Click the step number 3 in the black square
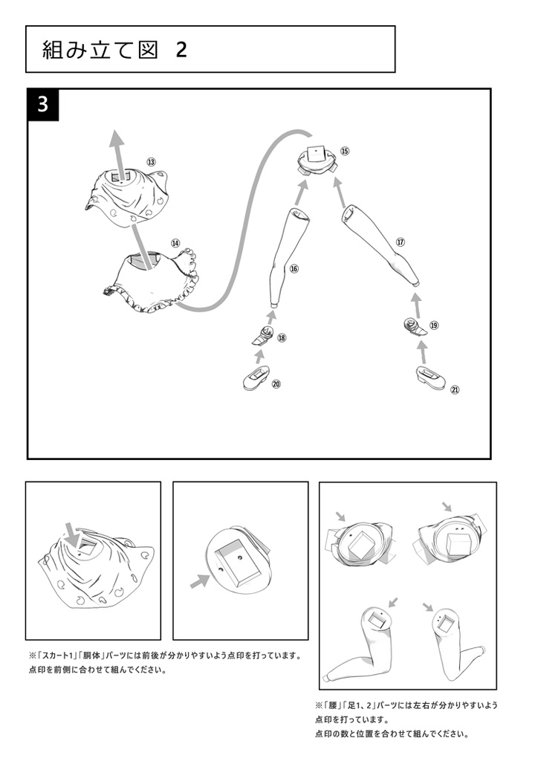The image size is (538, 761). [42, 104]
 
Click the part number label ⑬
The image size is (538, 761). [152, 161]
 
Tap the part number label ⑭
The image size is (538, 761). [175, 243]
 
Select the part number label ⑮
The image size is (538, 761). [345, 151]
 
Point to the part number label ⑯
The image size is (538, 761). [294, 268]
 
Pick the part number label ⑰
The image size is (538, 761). [401, 242]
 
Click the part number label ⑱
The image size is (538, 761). [282, 338]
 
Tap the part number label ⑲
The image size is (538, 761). [434, 326]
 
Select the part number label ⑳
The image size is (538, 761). [276, 384]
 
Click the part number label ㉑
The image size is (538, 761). [455, 389]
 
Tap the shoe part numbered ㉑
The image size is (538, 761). [430, 378]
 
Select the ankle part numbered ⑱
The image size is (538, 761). [263, 336]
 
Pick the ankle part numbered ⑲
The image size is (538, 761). [415, 326]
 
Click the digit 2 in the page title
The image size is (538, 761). [181, 50]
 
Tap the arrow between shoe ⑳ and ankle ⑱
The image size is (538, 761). [259, 357]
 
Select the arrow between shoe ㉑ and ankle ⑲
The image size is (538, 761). [423, 353]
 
